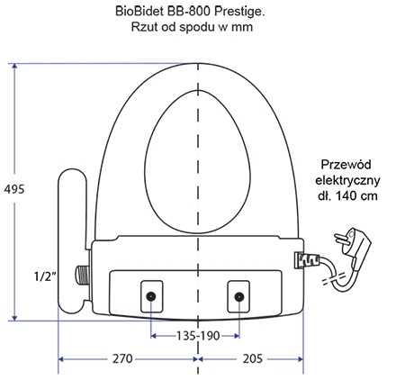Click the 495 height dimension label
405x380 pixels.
point(14,189)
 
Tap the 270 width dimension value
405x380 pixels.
point(122,358)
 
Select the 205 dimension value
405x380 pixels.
point(253,358)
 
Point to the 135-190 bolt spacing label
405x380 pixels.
point(198,336)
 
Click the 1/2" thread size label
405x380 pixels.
point(45,276)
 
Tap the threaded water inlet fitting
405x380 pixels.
point(82,276)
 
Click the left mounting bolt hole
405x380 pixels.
point(150,297)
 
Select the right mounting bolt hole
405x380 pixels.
point(238,297)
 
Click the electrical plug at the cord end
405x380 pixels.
point(354,246)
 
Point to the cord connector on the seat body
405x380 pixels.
point(307,259)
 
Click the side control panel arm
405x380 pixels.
point(72,241)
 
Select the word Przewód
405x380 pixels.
point(346,165)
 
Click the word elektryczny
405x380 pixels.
point(347,180)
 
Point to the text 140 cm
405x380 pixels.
point(356,196)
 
